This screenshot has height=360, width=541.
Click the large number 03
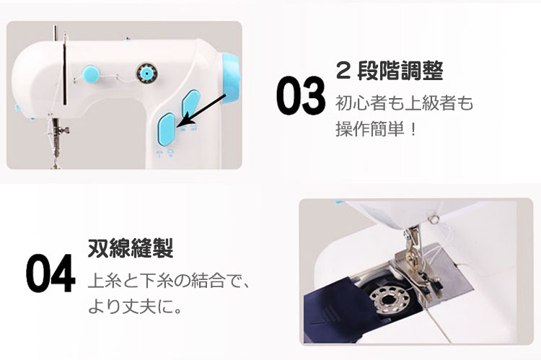click(x=301, y=95)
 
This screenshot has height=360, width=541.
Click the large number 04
click(x=50, y=273)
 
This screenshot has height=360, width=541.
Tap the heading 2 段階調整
click(x=390, y=71)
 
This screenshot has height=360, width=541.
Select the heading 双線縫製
click(x=130, y=248)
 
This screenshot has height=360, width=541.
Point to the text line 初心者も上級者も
click(x=405, y=103)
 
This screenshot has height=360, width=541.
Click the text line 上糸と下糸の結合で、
click(x=169, y=280)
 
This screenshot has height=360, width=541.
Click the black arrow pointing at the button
click(x=203, y=110)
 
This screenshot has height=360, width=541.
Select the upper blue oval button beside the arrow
click(x=191, y=102)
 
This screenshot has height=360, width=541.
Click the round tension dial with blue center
click(x=146, y=73)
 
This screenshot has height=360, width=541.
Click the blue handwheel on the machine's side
click(x=231, y=79)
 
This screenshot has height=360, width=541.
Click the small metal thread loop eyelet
click(x=434, y=219)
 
